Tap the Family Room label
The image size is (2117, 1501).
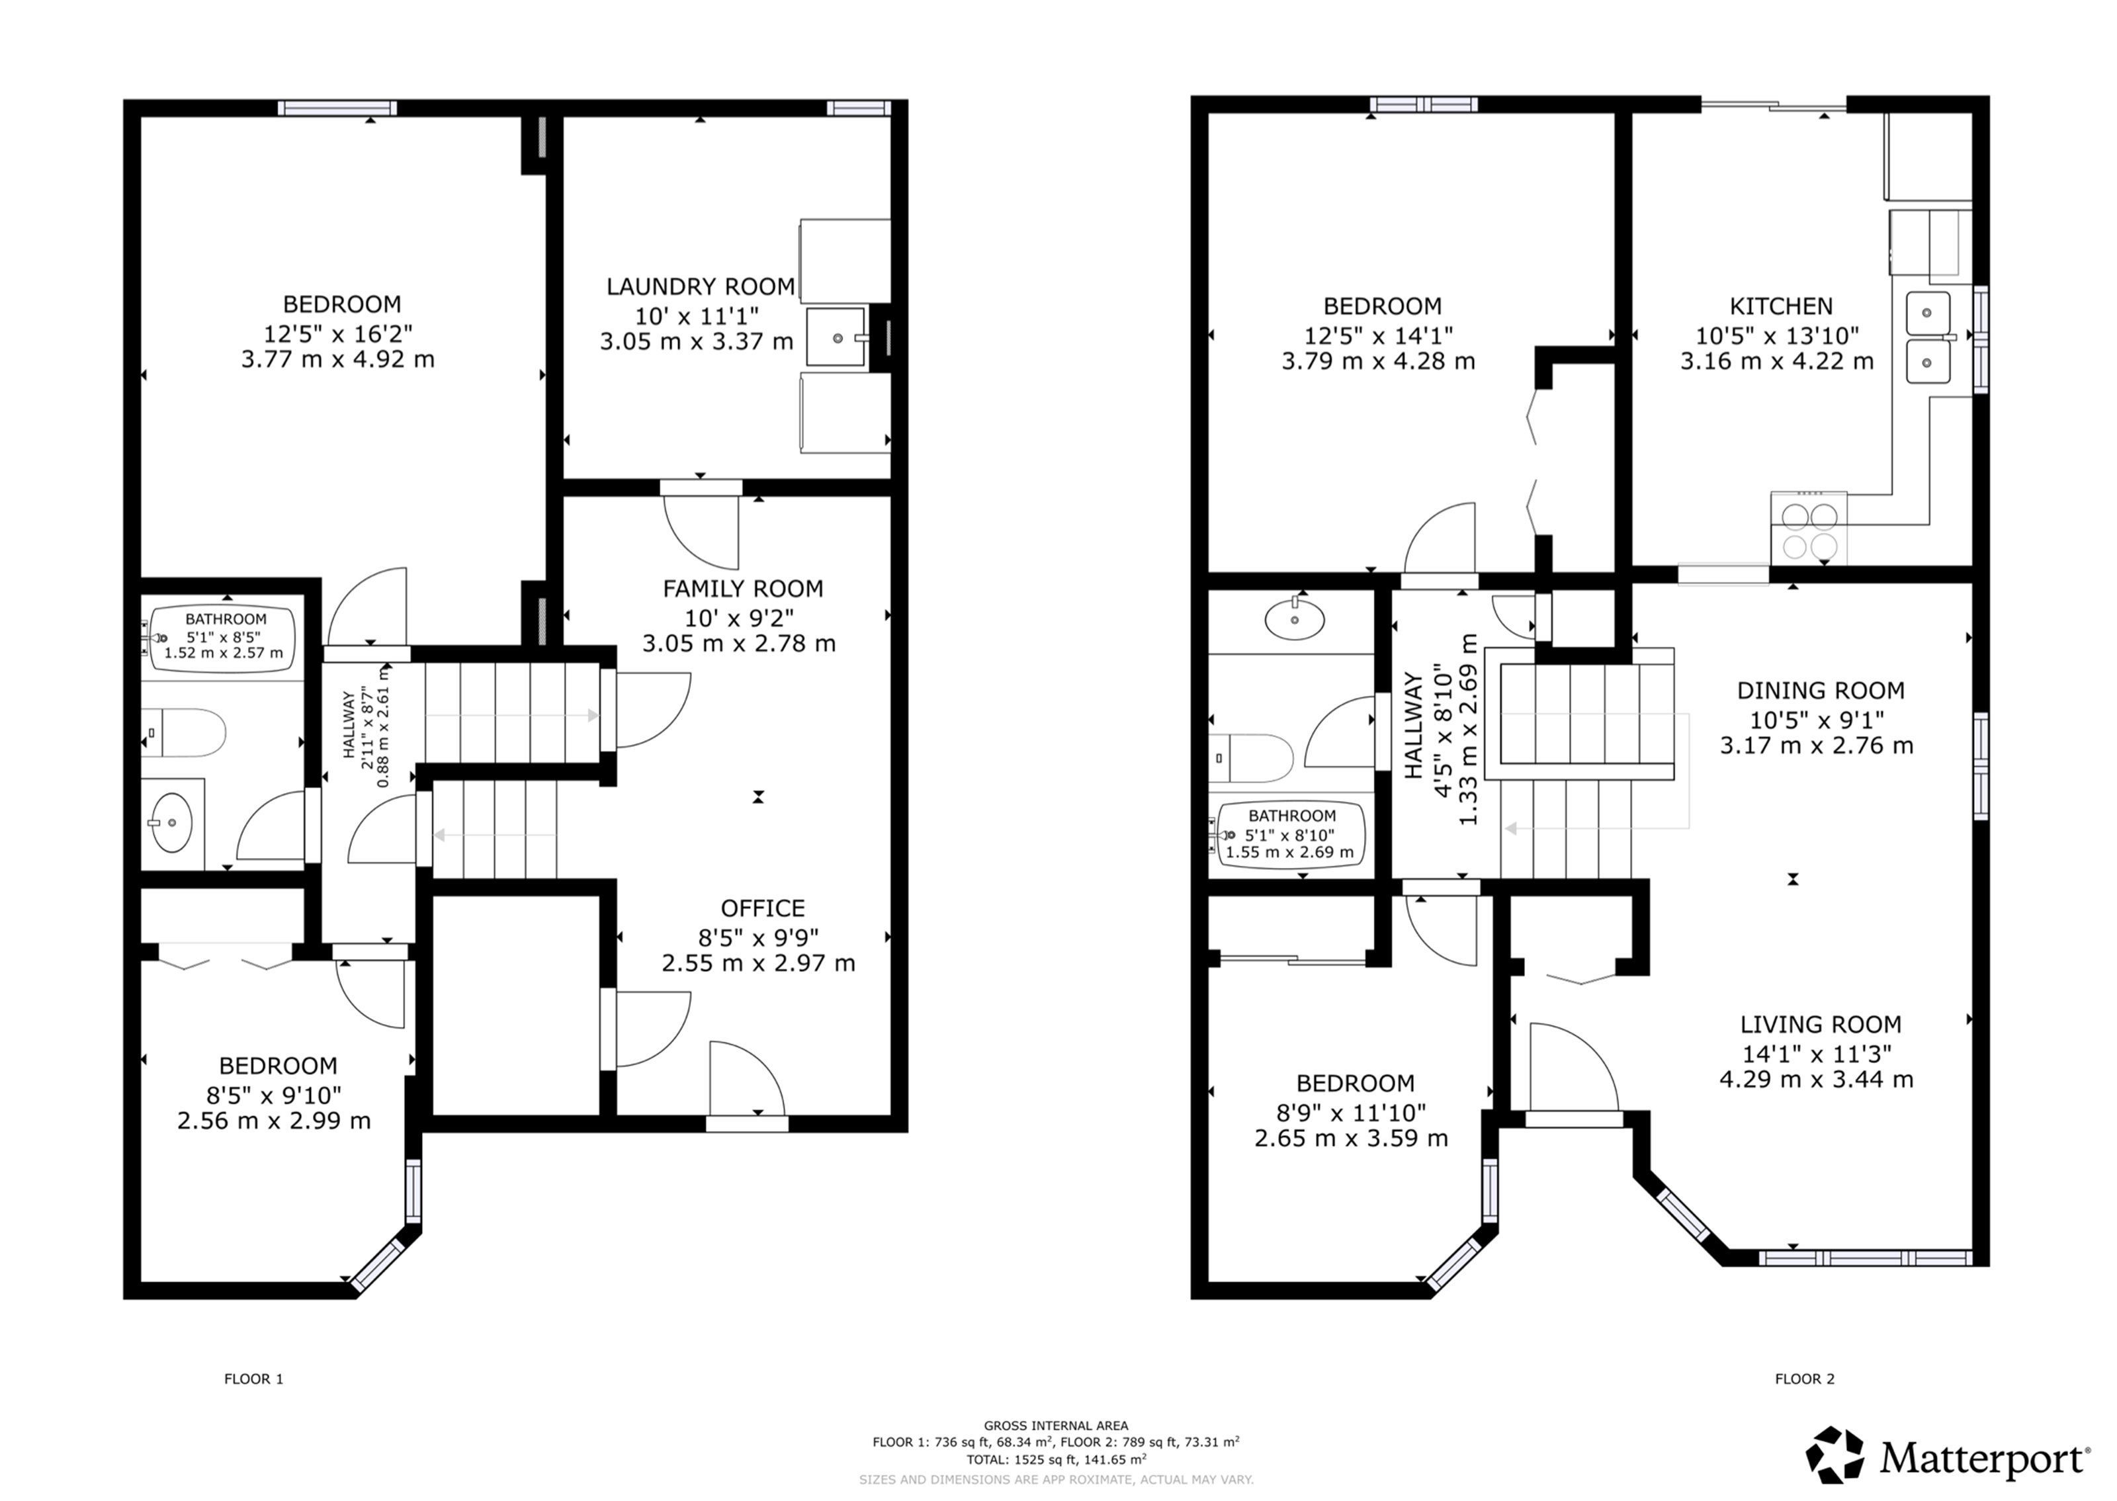743,589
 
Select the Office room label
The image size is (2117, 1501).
762,908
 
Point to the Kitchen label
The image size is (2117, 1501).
1781,306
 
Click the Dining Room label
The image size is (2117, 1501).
1821,691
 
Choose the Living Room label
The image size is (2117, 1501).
1821,1024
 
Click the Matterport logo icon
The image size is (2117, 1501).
1835,1456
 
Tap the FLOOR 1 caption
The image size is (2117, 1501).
253,1379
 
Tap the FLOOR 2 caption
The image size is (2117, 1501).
1805,1379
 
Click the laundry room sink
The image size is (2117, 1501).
836,337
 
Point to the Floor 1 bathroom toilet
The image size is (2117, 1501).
184,733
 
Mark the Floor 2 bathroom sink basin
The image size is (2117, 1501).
1295,619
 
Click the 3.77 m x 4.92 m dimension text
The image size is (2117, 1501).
338,359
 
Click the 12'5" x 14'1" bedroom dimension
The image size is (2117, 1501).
1379,335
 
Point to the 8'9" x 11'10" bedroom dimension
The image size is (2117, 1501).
1351,1112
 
